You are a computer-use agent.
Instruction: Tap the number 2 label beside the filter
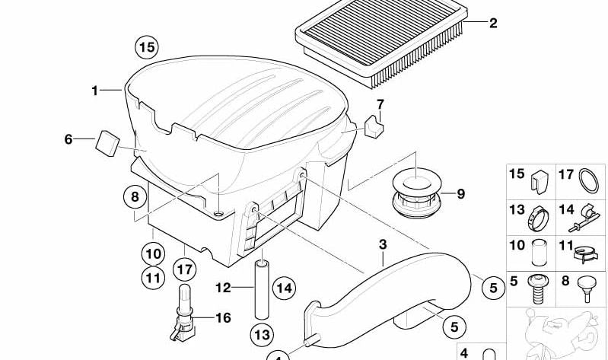[x=492, y=24]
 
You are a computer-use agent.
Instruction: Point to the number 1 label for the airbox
[x=95, y=91]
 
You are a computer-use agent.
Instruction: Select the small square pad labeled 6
[x=108, y=142]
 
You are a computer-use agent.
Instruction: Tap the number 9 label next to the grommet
[x=461, y=194]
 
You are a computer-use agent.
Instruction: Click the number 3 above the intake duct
[x=383, y=245]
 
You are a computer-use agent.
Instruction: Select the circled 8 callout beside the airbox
[x=135, y=198]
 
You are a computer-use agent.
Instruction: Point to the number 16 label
[x=222, y=318]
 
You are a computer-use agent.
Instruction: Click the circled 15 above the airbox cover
[x=146, y=48]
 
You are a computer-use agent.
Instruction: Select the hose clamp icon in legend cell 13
[x=538, y=217]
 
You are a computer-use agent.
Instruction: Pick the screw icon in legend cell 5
[x=540, y=287]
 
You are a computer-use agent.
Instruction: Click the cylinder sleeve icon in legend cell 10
[x=540, y=251]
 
